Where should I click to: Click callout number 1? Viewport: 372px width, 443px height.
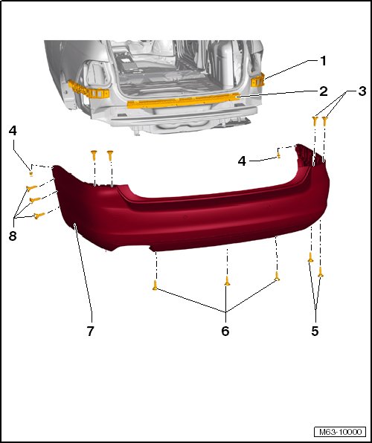click(323, 61)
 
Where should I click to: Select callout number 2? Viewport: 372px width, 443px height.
click(324, 91)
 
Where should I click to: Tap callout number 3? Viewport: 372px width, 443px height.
click(362, 91)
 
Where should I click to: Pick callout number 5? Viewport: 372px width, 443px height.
click(315, 331)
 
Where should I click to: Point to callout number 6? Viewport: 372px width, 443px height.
click(225, 331)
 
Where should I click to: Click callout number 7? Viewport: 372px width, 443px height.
click(90, 331)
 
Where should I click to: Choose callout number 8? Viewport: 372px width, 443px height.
click(13, 236)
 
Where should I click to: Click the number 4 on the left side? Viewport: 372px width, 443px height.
click(13, 131)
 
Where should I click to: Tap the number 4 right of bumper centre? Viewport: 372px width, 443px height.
click(242, 161)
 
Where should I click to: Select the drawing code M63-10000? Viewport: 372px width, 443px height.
click(340, 432)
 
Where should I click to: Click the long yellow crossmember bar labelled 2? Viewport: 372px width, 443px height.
click(183, 101)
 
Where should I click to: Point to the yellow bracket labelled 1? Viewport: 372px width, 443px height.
click(257, 80)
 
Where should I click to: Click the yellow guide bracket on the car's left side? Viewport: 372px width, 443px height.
click(89, 89)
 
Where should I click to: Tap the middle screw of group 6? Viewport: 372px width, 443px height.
click(227, 281)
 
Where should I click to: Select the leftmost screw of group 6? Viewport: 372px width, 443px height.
click(155, 285)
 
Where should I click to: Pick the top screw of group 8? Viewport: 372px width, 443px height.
click(31, 187)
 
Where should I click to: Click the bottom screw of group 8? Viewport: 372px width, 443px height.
click(39, 216)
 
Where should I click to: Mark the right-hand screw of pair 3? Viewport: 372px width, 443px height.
click(324, 121)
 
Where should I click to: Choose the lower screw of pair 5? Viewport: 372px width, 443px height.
click(321, 272)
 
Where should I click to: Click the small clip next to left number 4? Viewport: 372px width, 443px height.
click(31, 173)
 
